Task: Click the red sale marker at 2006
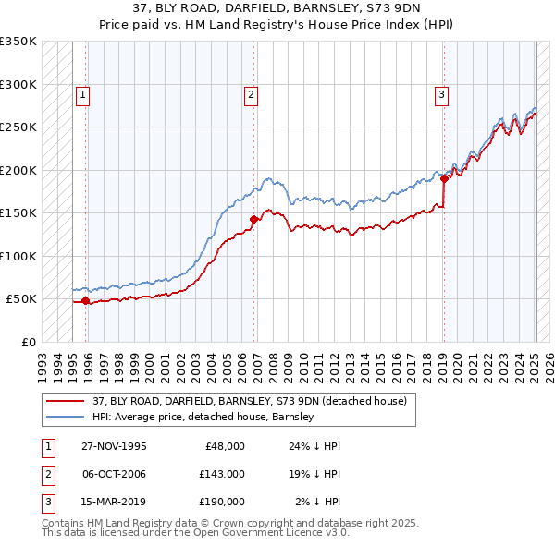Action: tap(253, 220)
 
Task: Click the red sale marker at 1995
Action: tap(86, 300)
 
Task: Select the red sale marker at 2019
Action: tap(444, 179)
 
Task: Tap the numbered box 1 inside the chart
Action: tap(83, 93)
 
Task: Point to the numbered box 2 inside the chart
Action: tap(251, 93)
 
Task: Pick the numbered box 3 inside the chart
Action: tap(441, 93)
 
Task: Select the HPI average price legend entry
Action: tap(203, 417)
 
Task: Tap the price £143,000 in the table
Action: tap(222, 474)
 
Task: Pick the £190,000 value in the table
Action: tap(222, 502)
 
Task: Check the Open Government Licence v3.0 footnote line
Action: tap(195, 533)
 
